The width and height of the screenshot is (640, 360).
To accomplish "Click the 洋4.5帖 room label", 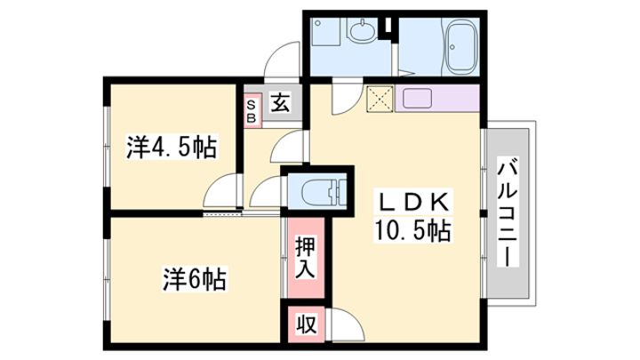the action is (172, 147).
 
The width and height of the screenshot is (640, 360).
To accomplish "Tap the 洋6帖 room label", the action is (195, 279).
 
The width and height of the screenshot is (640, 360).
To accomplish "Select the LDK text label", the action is (413, 202).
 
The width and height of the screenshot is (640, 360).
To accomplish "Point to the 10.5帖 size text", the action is (413, 230).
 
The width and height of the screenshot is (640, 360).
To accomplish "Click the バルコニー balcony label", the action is (508, 212).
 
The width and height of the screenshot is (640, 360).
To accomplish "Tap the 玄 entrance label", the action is (281, 102).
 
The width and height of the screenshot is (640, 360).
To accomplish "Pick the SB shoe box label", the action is (252, 111).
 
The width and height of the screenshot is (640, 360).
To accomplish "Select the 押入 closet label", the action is (305, 257).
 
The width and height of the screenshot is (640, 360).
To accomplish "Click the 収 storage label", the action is (306, 324).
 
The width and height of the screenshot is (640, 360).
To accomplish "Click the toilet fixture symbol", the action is (324, 190).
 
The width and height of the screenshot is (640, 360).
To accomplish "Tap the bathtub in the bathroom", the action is (460, 46).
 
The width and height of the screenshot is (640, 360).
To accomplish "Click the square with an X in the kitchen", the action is (380, 99).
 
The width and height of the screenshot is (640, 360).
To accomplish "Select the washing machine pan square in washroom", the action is (325, 32).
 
